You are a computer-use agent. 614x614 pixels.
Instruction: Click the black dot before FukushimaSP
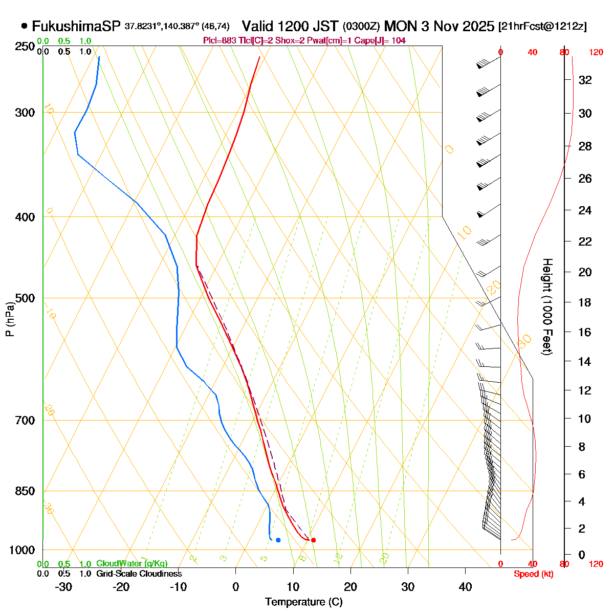point(24,26)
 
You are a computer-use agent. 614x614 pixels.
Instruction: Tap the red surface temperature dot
point(313,540)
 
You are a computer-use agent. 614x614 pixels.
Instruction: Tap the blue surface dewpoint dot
point(278,540)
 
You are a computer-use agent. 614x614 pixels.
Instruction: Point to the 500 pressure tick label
point(25,298)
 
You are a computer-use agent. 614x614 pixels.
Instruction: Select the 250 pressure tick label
point(25,47)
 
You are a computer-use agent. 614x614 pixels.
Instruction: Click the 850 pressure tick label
point(25,491)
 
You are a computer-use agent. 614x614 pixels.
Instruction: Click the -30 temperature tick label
point(63,587)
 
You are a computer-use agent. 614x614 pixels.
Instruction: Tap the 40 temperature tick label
point(465,587)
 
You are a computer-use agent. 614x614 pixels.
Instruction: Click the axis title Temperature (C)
point(304,602)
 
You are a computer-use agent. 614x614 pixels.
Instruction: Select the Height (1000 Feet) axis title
point(547,307)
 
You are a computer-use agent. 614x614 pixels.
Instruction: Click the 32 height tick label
point(585,80)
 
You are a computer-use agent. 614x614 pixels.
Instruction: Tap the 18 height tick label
point(585,302)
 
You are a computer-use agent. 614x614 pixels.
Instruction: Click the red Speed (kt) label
point(534,574)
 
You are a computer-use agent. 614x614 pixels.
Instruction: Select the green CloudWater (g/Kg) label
point(131,563)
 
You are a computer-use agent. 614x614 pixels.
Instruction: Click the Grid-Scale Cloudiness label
point(139,574)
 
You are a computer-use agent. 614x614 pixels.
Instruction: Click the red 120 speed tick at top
point(596,52)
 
